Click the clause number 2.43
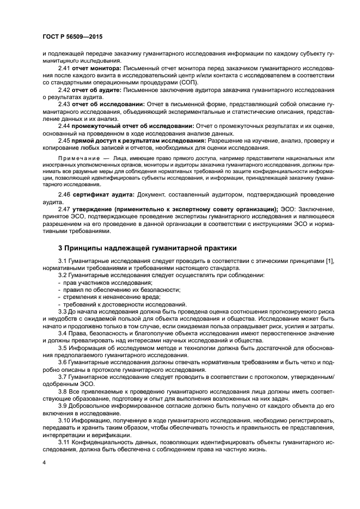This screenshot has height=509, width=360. pyautogui.click(x=64, y=104)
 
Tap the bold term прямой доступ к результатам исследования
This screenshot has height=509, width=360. pyautogui.click(x=136, y=140)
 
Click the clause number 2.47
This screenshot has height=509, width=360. pyautogui.click(x=64, y=208)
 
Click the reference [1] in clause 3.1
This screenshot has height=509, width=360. pyautogui.click(x=330, y=261)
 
